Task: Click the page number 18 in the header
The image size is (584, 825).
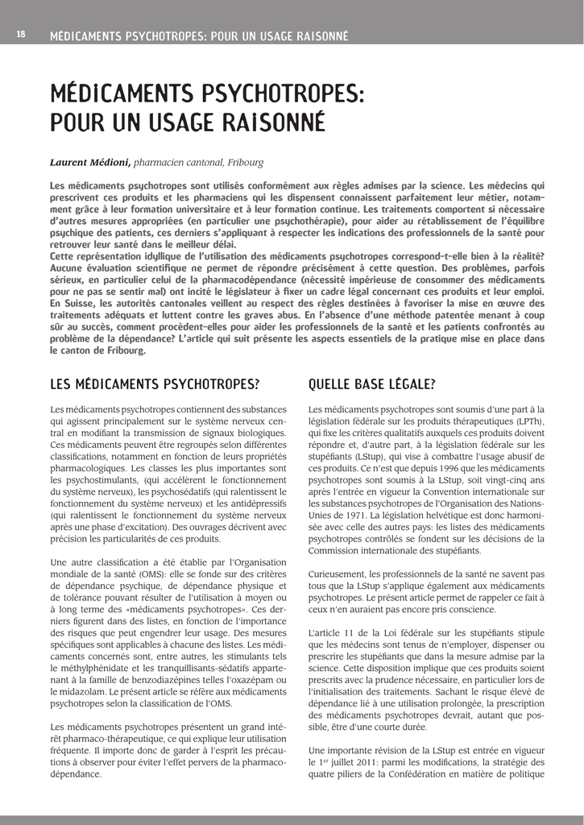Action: [x=21, y=35]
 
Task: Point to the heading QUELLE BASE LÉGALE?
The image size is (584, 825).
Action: [x=371, y=383]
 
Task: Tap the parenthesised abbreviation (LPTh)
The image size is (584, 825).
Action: [x=527, y=421]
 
